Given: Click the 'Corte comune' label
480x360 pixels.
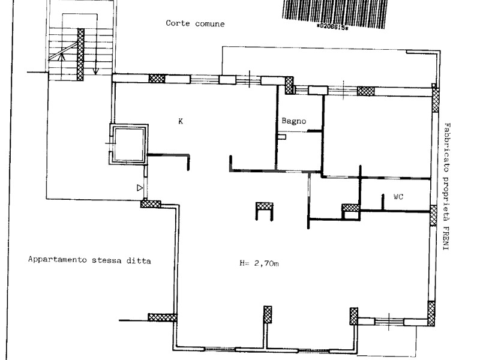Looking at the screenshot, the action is [195, 23].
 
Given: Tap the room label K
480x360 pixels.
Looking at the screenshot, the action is [181, 121].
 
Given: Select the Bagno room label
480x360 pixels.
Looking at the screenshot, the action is [293, 121].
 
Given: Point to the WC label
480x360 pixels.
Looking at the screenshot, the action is [398, 197].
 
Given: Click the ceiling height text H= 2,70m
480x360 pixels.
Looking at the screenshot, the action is [259, 263].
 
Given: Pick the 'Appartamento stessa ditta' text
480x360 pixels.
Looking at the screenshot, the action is [89, 260].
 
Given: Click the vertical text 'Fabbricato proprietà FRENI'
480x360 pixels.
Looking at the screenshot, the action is [447, 187].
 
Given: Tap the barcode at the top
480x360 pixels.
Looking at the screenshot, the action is [334, 13].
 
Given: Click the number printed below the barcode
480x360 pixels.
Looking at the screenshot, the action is [332, 27].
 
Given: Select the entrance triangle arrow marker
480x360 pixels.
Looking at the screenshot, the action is [140, 188].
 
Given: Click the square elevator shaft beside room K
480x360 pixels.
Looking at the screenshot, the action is [129, 144].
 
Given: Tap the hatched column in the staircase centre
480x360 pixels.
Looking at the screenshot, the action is [80, 55].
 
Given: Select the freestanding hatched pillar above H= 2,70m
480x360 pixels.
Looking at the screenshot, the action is [265, 206].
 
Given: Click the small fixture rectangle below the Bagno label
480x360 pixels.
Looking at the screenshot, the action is [282, 137].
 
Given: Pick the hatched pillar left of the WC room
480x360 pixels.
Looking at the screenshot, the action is [350, 208].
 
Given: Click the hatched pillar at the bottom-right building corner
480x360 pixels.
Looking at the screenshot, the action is [431, 313].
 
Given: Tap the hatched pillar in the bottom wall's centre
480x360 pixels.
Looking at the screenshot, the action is [268, 314].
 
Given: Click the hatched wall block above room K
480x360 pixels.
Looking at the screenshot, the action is [157, 79].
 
